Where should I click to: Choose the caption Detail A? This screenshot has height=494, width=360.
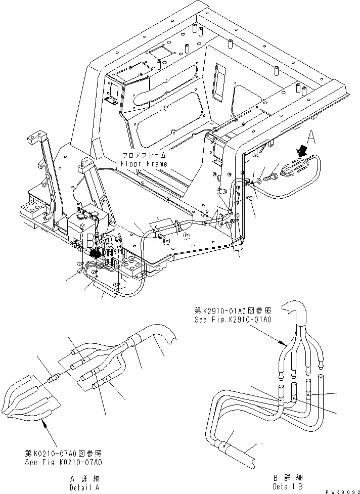(84, 487)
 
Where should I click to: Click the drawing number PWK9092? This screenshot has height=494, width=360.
(340, 489)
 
